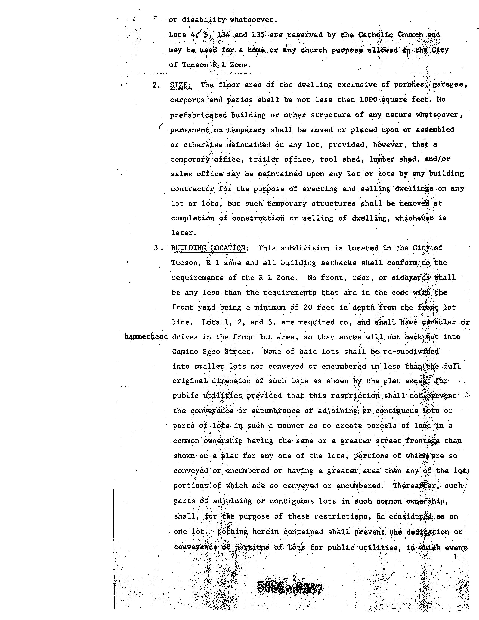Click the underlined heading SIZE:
click(x=181, y=85)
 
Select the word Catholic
click(x=375, y=35)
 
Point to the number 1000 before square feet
click(x=368, y=100)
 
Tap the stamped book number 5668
click(x=270, y=587)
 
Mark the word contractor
click(x=192, y=189)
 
